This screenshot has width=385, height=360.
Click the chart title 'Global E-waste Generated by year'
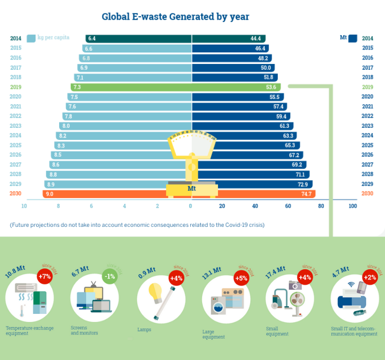click(175, 17)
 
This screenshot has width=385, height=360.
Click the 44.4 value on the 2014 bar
click(256, 38)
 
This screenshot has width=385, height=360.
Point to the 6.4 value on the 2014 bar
click(92, 38)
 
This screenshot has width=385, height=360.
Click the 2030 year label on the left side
click(15, 194)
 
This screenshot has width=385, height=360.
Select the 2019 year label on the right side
click(367, 87)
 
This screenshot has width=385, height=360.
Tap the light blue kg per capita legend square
click(31, 38)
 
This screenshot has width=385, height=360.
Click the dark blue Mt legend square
click(352, 38)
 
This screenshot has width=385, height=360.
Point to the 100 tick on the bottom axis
click(353, 206)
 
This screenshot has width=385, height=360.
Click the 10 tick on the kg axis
click(24, 206)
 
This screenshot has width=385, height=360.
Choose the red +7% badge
click(44, 277)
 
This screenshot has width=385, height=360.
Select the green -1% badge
click(110, 276)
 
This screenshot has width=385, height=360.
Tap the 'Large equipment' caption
click(213, 334)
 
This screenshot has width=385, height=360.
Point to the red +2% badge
click(370, 277)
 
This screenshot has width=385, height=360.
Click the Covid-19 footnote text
click(137, 224)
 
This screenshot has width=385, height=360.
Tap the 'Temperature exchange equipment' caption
click(29, 331)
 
